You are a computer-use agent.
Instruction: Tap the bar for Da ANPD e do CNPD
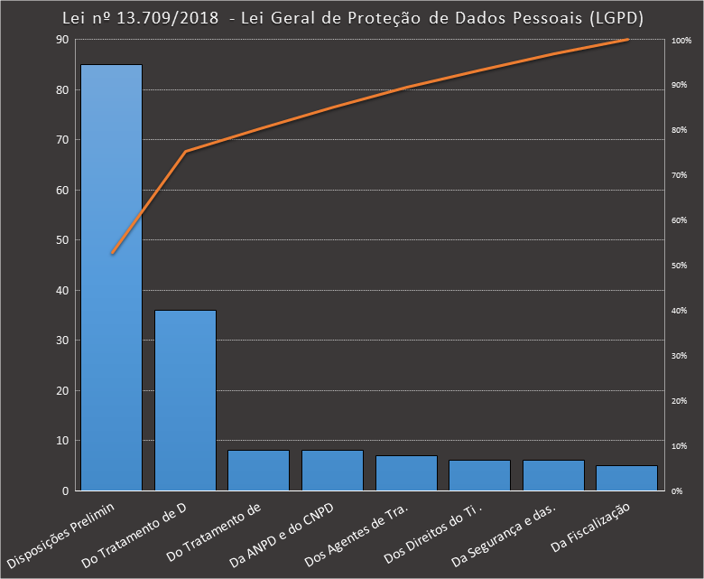[x=332, y=471]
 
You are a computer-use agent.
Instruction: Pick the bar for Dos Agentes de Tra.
[x=406, y=473]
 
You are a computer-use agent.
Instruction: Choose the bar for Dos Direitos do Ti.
[x=480, y=475]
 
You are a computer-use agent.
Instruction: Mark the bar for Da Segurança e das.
[x=553, y=475]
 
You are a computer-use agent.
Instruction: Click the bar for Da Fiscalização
[x=627, y=478]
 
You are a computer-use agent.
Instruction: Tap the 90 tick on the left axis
[x=62, y=40]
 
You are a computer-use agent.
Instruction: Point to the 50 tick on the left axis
[x=62, y=240]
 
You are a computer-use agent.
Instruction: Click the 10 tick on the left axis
[x=62, y=441]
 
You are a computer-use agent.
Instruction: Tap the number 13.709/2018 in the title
[x=171, y=19]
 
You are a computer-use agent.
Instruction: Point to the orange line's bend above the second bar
[x=186, y=151]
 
